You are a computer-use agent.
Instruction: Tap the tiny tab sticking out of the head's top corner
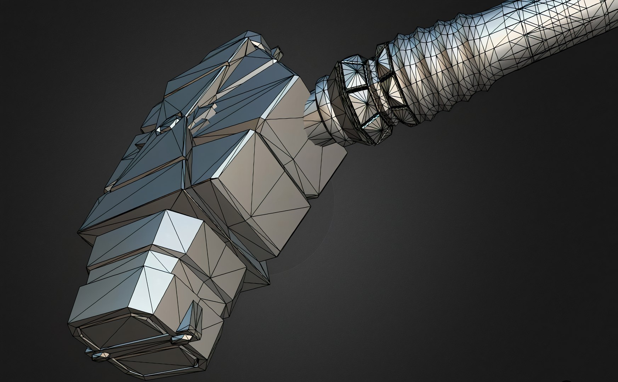[278, 53]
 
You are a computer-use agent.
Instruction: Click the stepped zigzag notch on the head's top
[205, 117]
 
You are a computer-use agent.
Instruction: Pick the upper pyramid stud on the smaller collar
[384, 58]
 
